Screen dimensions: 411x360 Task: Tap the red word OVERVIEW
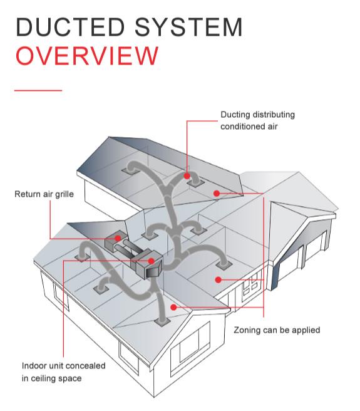click(86, 56)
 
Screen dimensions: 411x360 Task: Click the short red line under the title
click(38, 91)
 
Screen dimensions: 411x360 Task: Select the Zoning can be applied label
click(277, 330)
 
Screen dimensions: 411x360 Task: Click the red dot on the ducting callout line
click(187, 169)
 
